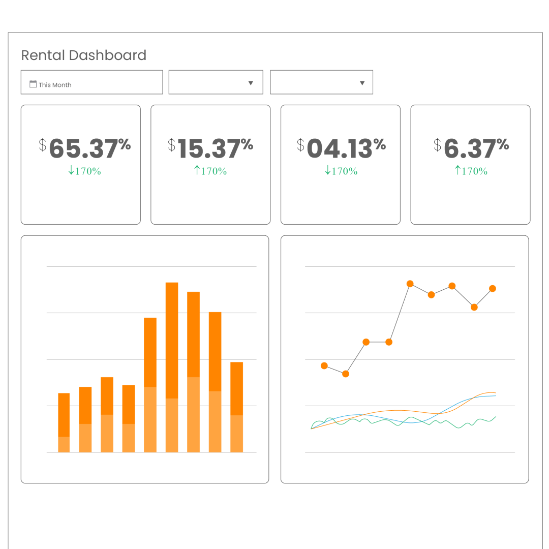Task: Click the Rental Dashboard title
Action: coord(84,55)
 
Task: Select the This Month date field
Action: coord(91,82)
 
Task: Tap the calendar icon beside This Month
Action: coord(33,84)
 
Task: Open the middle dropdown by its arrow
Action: coord(251,83)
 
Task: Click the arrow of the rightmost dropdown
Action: coord(362,83)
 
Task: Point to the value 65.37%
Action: coord(90,148)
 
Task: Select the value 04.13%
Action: coord(346,148)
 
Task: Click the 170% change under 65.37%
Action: coord(84,171)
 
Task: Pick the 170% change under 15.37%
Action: coord(210,171)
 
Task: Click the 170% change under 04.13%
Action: coord(341,171)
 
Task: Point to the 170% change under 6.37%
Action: coord(471,171)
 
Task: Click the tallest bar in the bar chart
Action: coord(172,366)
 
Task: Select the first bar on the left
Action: coord(64,422)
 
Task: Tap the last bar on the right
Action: coord(236,407)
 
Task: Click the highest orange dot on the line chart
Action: coord(410,284)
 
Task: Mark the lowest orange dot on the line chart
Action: coord(346,374)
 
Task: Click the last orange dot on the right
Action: coord(492,289)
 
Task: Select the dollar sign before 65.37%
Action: coord(43,145)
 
